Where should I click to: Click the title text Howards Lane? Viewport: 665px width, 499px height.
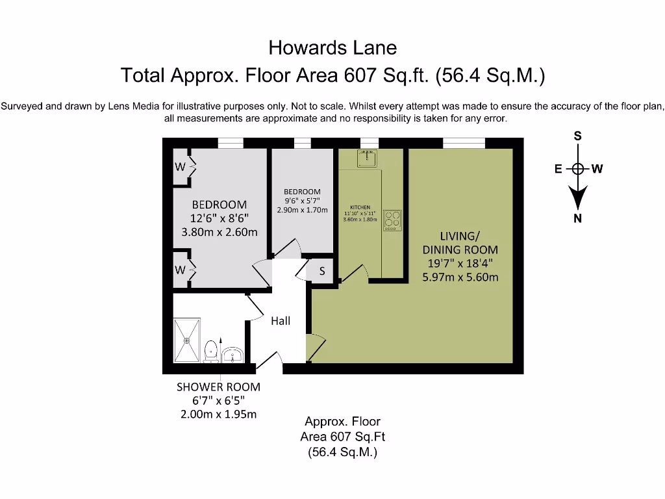coord(332,47)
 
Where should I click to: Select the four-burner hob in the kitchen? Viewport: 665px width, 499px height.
coord(392,220)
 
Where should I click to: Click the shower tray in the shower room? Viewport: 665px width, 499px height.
coord(188,339)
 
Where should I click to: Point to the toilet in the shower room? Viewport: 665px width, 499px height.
coord(210,352)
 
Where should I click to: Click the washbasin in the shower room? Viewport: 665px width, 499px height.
coord(232,355)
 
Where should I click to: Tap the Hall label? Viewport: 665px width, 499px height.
coord(281,320)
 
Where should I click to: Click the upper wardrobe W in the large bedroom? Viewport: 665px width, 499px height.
coord(180,167)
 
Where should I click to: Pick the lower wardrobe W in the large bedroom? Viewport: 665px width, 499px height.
coord(180,269)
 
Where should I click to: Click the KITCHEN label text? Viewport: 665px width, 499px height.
coord(360,207)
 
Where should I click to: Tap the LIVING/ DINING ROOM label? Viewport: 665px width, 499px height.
coord(460,242)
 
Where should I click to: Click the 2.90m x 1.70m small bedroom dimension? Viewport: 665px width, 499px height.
coord(302,210)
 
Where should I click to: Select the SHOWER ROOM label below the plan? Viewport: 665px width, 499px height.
coord(218,387)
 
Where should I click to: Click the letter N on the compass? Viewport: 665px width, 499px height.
coord(577,218)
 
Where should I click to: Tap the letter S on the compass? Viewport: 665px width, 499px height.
coord(577,136)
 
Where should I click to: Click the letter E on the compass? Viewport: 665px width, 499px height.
coord(558,169)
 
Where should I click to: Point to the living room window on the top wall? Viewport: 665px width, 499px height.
coord(464,143)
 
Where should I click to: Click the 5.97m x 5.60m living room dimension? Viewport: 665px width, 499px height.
coord(460,277)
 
